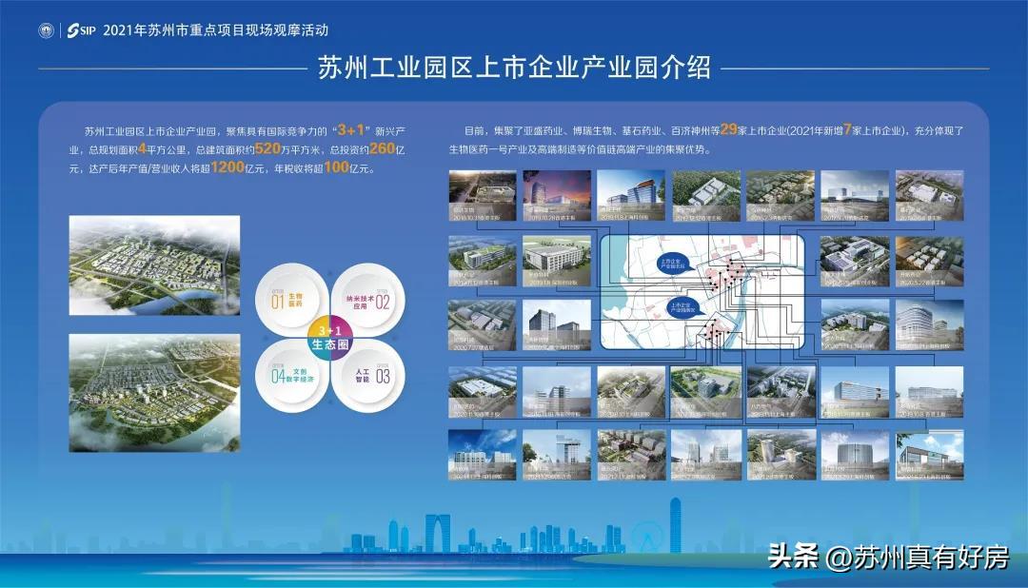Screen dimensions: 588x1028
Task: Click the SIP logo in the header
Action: (81, 30)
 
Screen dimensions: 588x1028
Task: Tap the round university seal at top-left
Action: (45, 30)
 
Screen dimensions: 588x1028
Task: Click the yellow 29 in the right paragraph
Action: (731, 130)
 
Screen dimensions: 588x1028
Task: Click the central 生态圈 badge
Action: (331, 339)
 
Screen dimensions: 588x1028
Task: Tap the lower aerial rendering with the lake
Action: (154, 391)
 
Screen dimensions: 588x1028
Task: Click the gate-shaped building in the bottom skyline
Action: (438, 529)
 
